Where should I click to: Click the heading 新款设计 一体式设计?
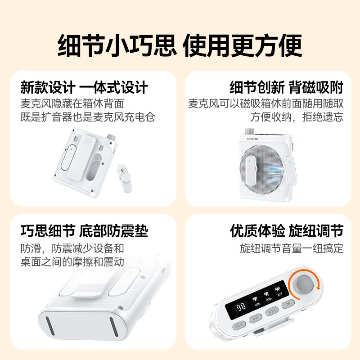click(84, 87)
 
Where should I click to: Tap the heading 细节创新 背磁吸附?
click(287, 87)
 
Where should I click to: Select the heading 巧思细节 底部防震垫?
click(84, 231)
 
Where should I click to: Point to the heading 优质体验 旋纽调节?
click(287, 231)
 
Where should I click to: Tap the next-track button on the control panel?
click(272, 311)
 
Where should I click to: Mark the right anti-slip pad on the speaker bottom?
click(114, 328)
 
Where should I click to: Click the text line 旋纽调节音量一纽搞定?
click(292, 248)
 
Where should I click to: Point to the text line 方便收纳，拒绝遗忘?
click(297, 117)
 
